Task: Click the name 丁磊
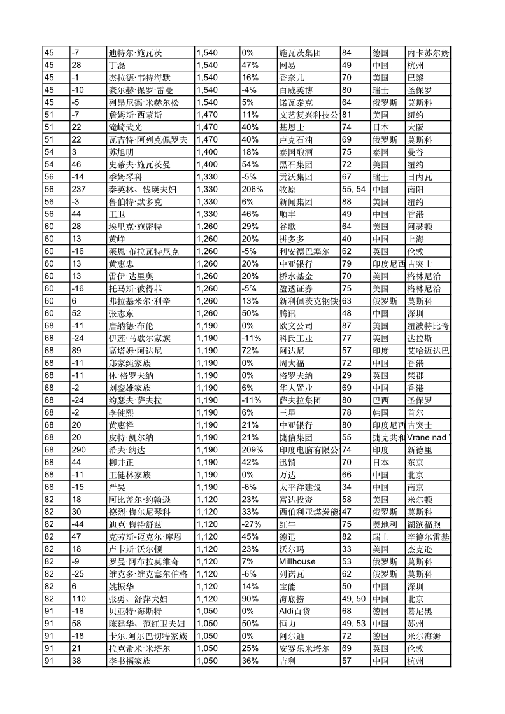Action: [x=117, y=65]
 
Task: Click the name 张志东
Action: [x=121, y=314]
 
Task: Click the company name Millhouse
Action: [x=297, y=562]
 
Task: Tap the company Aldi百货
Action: [x=295, y=612]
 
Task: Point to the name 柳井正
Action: [x=121, y=463]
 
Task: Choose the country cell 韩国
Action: [x=380, y=413]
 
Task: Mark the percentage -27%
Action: [x=252, y=524]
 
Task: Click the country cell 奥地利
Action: [x=384, y=524]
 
